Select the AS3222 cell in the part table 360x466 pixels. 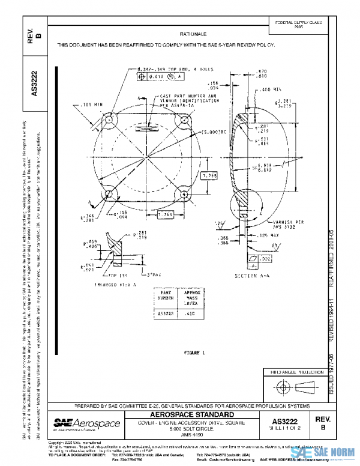166,313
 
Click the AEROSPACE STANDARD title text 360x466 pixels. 191,415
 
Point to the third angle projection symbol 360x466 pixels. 297,385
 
